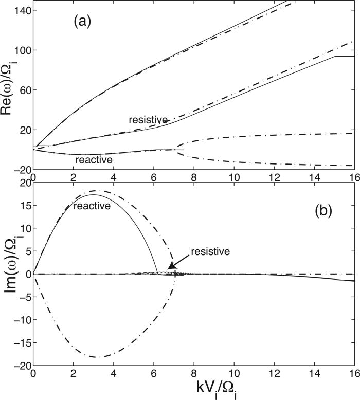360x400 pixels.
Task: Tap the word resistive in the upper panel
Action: point(148,120)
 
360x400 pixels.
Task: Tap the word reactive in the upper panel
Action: point(94,160)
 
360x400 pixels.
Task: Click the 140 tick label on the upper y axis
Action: point(21,11)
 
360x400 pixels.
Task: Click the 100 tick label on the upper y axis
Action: point(21,50)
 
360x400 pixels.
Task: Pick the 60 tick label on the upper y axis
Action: point(23,90)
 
